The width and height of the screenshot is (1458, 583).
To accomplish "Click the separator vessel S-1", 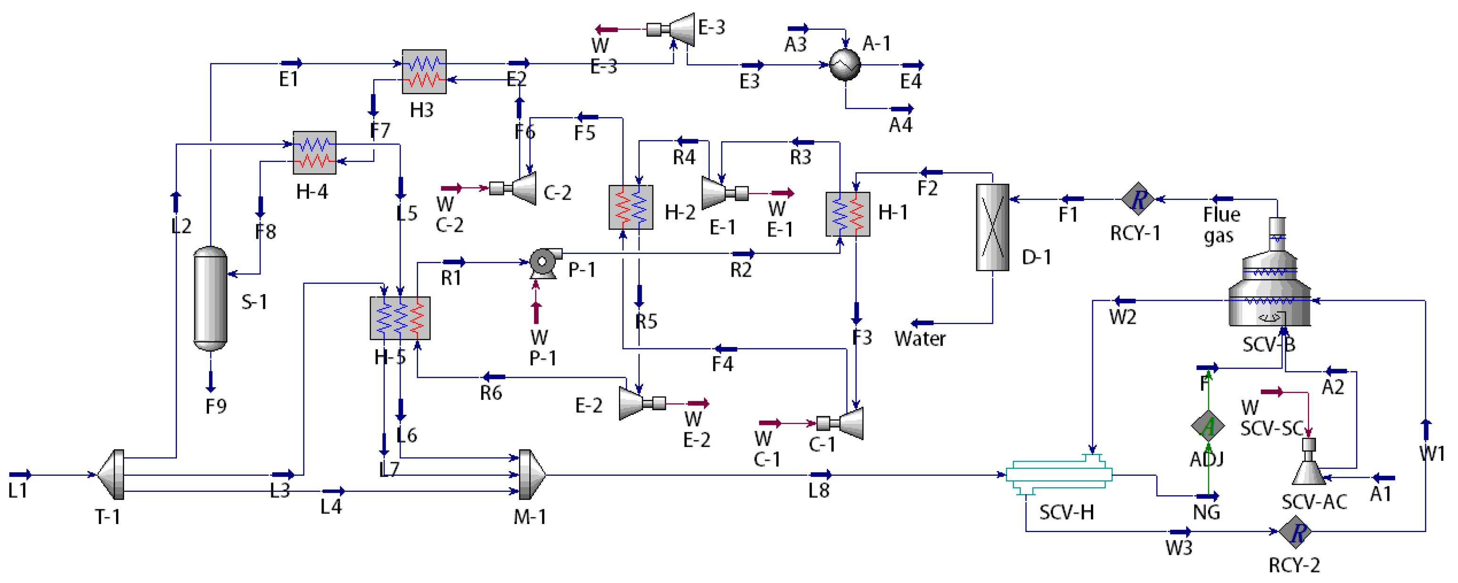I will [x=210, y=298].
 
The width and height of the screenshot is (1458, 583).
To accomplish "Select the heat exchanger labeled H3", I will [x=424, y=71].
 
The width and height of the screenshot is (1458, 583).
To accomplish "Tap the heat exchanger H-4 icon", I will [x=314, y=153].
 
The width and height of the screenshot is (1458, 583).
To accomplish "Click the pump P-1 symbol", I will [x=545, y=262].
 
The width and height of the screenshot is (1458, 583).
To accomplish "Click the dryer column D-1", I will [x=992, y=227].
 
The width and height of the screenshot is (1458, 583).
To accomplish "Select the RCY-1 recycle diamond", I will [x=1138, y=199].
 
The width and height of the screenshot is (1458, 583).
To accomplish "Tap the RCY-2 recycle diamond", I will [x=1295, y=532].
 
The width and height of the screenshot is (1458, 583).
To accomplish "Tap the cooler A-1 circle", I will [x=845, y=65].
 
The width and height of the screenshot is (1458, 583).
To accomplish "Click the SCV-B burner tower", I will [x=1270, y=283].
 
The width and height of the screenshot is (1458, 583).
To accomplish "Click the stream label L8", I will [x=819, y=490].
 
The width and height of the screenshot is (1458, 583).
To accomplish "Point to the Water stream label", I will [x=919, y=339].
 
